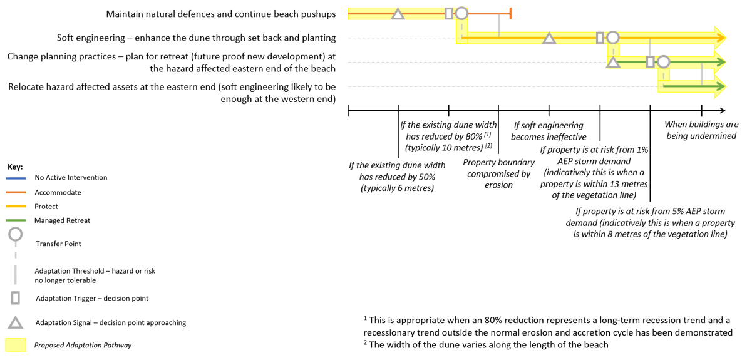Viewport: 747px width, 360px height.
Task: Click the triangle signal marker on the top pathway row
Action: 398,14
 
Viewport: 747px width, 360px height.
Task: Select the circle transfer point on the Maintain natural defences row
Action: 461,13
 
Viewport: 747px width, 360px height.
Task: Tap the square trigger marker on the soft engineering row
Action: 600,38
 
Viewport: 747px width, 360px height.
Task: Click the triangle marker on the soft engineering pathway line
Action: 549,38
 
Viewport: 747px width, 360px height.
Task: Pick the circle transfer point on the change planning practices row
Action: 664,62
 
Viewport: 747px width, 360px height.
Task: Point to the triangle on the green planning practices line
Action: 613,62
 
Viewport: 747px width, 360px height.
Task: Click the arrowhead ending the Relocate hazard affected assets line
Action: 720,86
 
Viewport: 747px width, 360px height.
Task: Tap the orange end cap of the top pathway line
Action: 511,13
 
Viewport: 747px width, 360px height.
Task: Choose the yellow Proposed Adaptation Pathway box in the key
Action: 16,345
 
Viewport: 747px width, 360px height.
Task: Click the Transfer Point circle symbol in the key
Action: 16,235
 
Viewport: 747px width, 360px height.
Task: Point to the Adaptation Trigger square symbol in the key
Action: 16,297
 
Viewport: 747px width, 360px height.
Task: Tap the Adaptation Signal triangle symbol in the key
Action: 16,322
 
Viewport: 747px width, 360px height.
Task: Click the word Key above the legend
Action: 15,167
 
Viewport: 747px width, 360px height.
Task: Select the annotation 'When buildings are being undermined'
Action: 701,130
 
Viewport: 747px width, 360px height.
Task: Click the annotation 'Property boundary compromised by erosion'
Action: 498,173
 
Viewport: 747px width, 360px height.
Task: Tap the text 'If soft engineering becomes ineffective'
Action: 549,131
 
